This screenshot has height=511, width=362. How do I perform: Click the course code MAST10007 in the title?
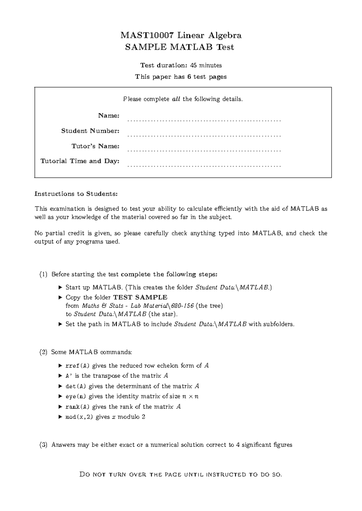click(147, 36)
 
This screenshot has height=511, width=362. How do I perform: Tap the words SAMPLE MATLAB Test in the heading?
click(179, 47)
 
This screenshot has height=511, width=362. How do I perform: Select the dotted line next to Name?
click(204, 120)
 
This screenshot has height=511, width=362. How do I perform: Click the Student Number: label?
click(90, 131)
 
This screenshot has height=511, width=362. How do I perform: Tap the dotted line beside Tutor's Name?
click(204, 151)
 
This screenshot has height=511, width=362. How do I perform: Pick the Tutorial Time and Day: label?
click(80, 161)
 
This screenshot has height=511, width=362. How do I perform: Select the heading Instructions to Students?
click(76, 194)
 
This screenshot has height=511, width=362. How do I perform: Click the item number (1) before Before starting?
click(43, 274)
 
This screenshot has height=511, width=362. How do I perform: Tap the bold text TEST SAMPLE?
click(140, 297)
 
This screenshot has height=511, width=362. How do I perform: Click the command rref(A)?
click(78, 366)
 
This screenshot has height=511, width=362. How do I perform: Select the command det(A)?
click(76, 386)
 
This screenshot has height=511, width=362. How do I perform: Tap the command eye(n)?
click(76, 397)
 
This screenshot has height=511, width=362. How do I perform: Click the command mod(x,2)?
click(79, 417)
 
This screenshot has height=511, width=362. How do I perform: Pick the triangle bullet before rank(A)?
click(60, 407)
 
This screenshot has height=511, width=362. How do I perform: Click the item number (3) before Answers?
click(43, 445)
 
